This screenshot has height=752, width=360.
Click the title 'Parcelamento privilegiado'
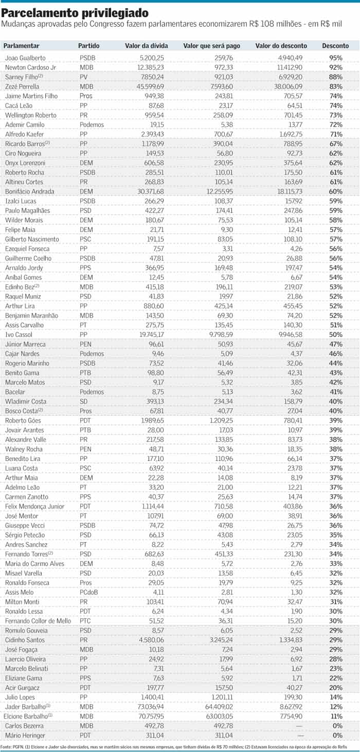[x=76, y=12]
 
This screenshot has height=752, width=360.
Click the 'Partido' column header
[x=89, y=46]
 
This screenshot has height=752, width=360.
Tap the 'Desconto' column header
[x=335, y=46]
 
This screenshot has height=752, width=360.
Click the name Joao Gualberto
[x=25, y=58]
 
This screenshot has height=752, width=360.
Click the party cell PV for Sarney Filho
[x=84, y=77]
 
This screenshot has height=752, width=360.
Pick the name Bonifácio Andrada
[x=29, y=191]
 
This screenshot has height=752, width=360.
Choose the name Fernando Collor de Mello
[x=38, y=621]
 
